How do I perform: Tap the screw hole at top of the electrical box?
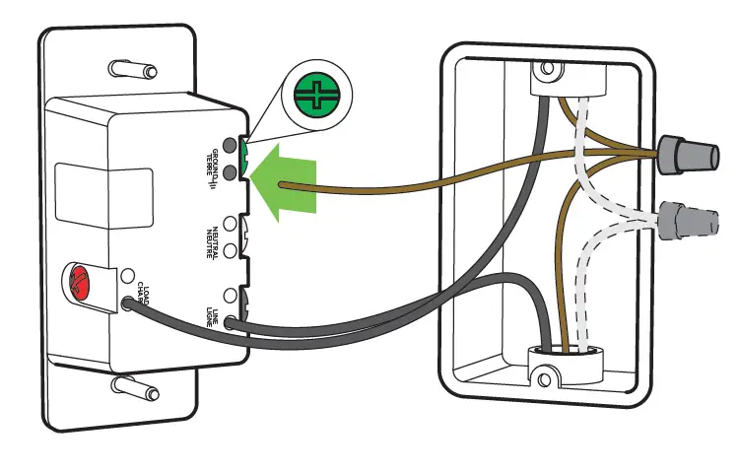coord(545,70)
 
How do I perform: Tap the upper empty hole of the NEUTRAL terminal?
coord(231,224)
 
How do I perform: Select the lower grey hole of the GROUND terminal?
coord(231,172)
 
